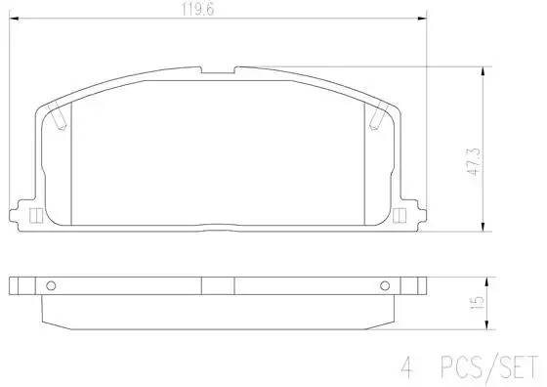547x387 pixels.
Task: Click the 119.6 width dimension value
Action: pos(197,9)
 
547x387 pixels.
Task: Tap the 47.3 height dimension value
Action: pos(475,161)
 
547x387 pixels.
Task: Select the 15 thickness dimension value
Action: pos(479,303)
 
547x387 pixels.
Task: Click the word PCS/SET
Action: pos(489,367)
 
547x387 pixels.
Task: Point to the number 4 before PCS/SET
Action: pos(407,367)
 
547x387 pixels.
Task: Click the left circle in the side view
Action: pos(51,285)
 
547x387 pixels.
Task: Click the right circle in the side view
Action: pos(385,285)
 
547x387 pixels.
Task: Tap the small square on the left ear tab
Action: pos(36,216)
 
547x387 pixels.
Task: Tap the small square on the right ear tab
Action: pos(400,216)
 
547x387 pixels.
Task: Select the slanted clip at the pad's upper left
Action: pos(57,116)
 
